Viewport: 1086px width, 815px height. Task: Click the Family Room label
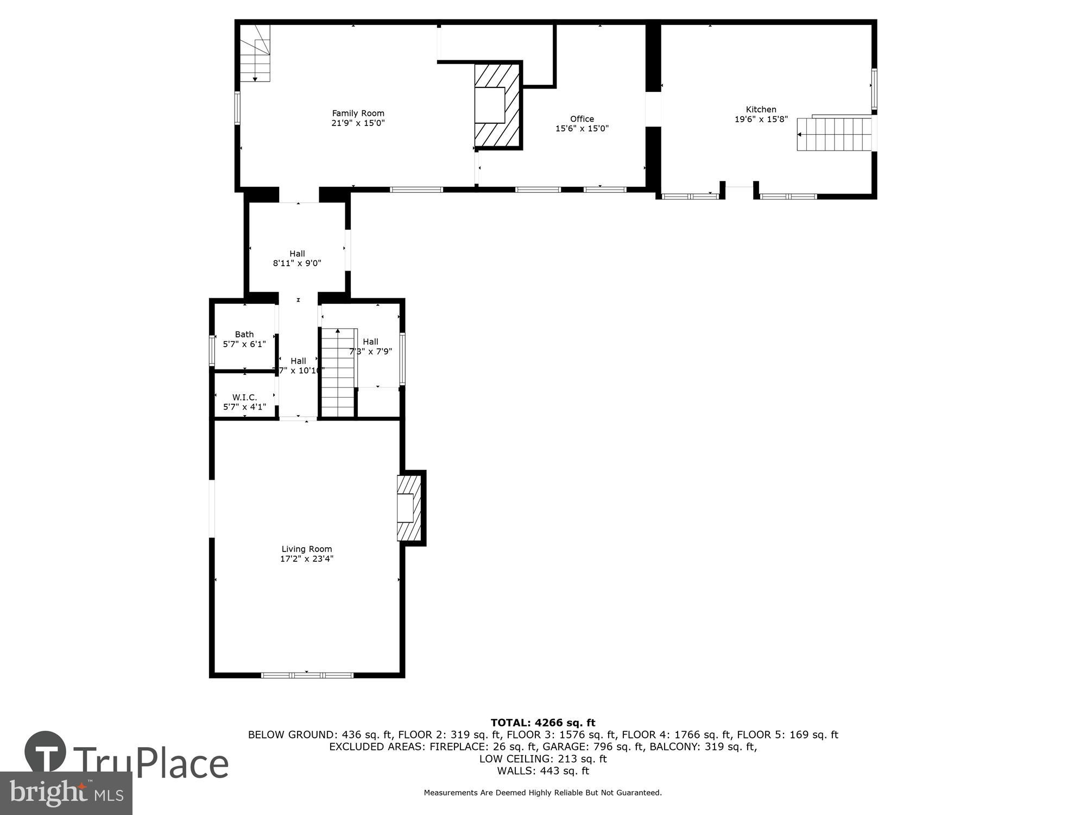point(358,113)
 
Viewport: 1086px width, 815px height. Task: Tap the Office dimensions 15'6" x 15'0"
point(582,129)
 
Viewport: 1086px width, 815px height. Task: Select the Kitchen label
point(761,109)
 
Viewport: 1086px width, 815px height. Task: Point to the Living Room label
point(306,549)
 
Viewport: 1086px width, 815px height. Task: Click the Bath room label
point(244,334)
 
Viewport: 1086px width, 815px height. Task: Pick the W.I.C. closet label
point(244,397)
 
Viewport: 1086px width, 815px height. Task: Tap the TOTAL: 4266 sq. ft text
point(542,723)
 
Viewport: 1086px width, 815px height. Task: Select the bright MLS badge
point(66,793)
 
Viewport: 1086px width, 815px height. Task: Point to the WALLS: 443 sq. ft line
point(542,770)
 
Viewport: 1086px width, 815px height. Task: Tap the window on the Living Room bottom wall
point(307,675)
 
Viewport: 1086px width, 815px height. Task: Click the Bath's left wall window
point(212,350)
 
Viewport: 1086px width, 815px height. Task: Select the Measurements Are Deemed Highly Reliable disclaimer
point(542,793)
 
